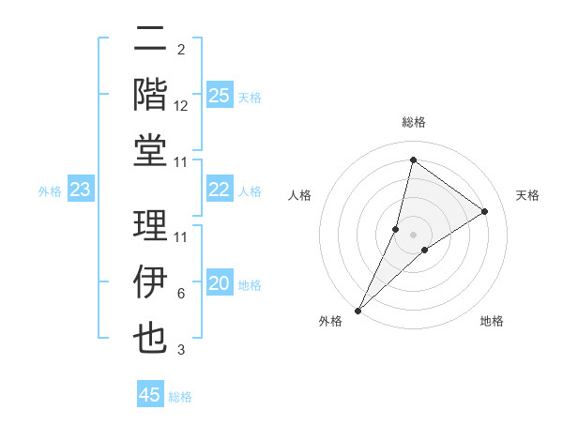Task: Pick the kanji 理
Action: [x=151, y=225]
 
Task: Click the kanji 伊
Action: [x=151, y=281]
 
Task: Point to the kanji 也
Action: [x=151, y=338]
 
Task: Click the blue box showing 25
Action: [x=220, y=95]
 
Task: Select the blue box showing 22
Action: [x=220, y=190]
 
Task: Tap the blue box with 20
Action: [x=220, y=284]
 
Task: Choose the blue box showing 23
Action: [x=81, y=190]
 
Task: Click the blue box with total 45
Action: [x=150, y=395]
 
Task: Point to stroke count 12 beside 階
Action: [x=181, y=106]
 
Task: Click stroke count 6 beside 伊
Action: [x=180, y=294]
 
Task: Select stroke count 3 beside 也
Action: [x=180, y=350]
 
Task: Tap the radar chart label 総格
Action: [x=413, y=122]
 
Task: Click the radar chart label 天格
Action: [x=528, y=195]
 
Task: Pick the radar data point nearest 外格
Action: [x=358, y=310]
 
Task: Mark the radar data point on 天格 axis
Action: [x=484, y=211]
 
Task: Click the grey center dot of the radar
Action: [x=413, y=234]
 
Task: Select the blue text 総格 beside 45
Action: [x=180, y=397]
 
